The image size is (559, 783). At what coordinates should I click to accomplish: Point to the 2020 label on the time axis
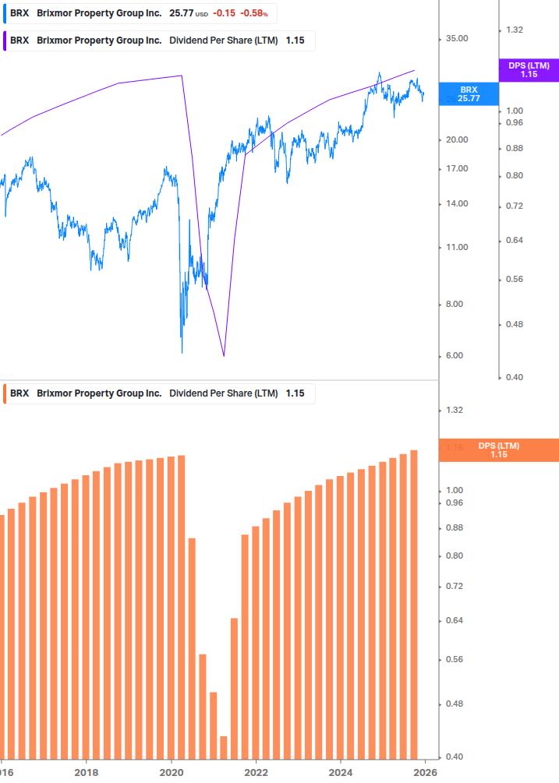coord(171,772)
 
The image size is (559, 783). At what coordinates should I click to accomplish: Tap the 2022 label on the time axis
coord(256,772)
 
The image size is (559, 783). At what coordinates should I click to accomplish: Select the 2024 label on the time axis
coord(341,772)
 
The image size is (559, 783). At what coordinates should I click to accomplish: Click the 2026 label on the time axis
coord(425,772)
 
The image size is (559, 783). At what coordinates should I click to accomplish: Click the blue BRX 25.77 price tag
coord(469,94)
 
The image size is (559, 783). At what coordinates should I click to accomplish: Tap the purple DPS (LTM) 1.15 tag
coord(529,70)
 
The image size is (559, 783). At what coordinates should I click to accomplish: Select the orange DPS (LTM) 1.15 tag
coord(498,450)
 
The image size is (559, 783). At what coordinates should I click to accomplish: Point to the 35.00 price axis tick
coord(456,38)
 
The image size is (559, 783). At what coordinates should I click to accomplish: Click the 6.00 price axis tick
coord(456,356)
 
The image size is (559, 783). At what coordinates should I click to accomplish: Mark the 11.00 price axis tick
coord(456,247)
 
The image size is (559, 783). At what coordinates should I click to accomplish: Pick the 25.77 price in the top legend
coord(181,13)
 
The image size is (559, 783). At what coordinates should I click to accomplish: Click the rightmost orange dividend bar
coord(414,604)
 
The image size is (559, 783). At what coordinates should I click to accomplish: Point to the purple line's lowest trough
coord(224,356)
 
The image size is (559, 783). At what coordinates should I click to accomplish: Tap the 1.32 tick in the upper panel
coord(514,30)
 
